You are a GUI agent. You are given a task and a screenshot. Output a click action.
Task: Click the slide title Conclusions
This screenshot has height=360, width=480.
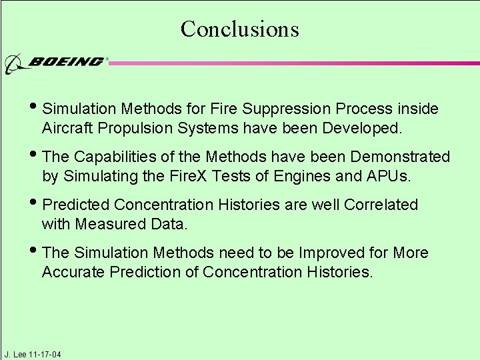(239, 29)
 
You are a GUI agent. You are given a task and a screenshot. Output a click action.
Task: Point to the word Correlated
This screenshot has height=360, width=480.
(381, 205)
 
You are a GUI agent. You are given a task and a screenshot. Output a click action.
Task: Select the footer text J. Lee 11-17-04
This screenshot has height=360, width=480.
(32, 354)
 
